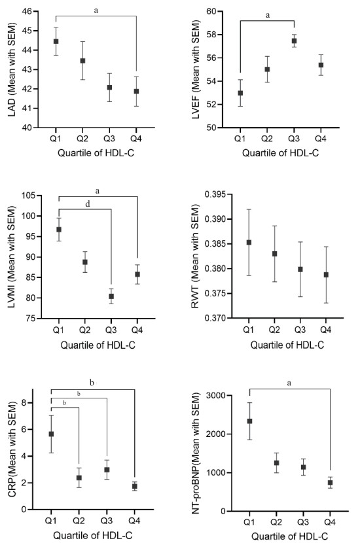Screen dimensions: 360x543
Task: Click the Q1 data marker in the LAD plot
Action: click(x=56, y=41)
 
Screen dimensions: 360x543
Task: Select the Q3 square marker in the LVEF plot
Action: click(x=294, y=41)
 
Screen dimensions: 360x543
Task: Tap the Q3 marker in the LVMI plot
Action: click(x=111, y=296)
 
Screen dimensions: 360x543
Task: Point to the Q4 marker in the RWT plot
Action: click(x=326, y=275)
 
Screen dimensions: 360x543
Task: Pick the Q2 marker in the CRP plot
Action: click(x=79, y=478)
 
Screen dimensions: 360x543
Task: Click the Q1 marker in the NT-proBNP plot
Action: click(x=249, y=421)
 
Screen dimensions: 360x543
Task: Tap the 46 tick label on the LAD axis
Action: click(x=27, y=11)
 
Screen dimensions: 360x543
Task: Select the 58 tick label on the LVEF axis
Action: click(x=211, y=35)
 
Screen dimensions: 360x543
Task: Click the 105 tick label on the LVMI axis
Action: click(x=28, y=196)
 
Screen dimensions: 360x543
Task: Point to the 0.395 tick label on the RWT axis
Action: click(x=215, y=194)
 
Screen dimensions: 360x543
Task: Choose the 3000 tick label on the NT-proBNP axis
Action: click(x=215, y=396)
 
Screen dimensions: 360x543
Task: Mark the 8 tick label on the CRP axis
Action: click(x=24, y=403)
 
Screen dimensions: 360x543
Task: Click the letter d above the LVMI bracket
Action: click(x=88, y=203)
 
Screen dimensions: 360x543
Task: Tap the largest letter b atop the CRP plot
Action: click(x=92, y=382)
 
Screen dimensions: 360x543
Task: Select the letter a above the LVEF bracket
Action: click(x=267, y=15)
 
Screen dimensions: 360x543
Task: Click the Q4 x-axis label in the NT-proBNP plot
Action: click(x=330, y=522)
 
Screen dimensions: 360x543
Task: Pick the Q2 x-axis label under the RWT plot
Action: click(x=274, y=330)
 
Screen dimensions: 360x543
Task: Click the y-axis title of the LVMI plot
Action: click(x=12, y=256)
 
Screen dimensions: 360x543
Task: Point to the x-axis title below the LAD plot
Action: click(x=96, y=152)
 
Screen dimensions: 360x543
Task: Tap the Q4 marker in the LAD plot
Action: click(x=136, y=91)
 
